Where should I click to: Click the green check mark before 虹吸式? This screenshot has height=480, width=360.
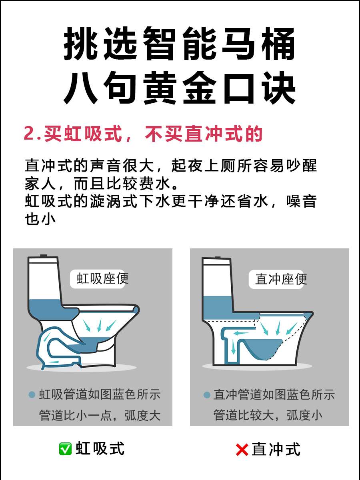65,449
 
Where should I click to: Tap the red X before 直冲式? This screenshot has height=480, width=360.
242,450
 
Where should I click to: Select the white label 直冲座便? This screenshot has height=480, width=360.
276,279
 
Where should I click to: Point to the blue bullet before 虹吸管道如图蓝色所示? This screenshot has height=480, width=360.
32,395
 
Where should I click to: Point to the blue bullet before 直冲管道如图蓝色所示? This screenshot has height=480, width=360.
206,395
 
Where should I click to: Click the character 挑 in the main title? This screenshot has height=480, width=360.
80,44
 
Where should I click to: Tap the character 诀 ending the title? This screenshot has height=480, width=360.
279,88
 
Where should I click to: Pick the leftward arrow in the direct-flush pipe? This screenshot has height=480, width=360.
241,334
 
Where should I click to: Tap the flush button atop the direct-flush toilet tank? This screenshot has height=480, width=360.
218,257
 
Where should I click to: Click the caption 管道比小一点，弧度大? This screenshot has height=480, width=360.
100,416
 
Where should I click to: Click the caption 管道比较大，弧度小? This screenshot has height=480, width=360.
268,415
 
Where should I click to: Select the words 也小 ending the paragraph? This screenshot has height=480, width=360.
40,219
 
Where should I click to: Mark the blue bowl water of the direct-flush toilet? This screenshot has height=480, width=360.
262,349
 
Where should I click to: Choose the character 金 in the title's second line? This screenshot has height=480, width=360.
199,88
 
